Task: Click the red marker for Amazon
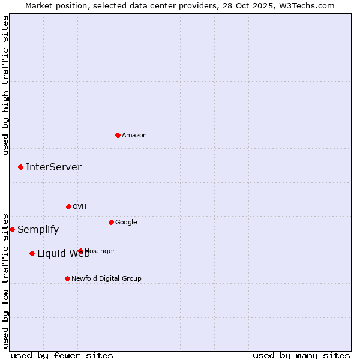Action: (x=118, y=135)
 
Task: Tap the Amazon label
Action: (x=134, y=136)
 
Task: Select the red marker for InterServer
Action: (x=20, y=167)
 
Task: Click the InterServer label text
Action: (x=53, y=167)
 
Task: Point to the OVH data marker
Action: (x=68, y=206)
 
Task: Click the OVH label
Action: (x=80, y=207)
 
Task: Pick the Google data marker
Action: (x=111, y=222)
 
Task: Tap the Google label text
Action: (x=126, y=223)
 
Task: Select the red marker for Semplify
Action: (x=12, y=229)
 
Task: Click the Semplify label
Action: (x=38, y=230)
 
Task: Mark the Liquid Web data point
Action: (x=32, y=253)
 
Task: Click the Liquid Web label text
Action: (x=63, y=254)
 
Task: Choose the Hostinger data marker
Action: (x=80, y=251)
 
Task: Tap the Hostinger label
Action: (x=100, y=251)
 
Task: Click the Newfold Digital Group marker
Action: (x=67, y=278)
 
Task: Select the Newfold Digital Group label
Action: (x=106, y=278)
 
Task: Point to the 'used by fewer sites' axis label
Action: (x=62, y=355)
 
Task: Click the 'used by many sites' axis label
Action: (x=301, y=355)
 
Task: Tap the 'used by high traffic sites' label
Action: (x=6, y=85)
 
